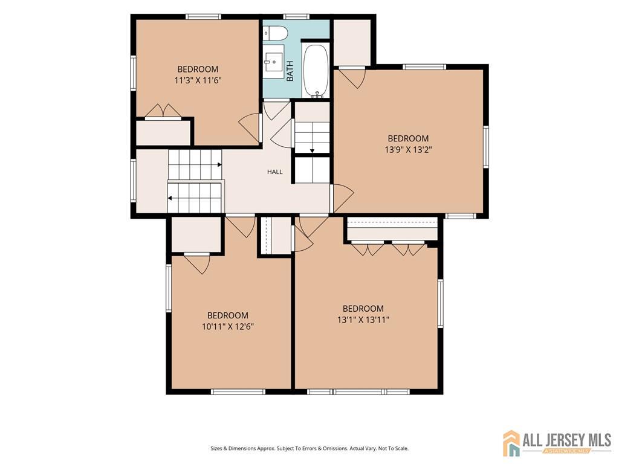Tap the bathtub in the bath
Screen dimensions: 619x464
pos(316,70)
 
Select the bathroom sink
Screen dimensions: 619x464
pos(274,62)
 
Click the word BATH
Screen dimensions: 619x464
pos(290,71)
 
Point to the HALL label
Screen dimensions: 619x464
pos(275,172)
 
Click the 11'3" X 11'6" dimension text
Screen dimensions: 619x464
pos(198,80)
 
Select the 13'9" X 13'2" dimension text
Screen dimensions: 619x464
pos(408,150)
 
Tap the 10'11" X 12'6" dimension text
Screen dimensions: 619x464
pos(228,327)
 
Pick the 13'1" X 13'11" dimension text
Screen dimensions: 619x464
pos(363,320)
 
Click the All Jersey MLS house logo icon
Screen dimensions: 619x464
pos(511,443)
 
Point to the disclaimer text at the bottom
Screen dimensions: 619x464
pos(309,448)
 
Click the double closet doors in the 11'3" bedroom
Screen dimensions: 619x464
pos(163,111)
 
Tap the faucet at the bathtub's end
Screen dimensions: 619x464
pos(317,94)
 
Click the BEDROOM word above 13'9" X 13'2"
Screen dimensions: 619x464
pos(408,138)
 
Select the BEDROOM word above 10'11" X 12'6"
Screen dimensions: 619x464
pos(228,315)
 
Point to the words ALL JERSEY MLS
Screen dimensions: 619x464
pos(567,440)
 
